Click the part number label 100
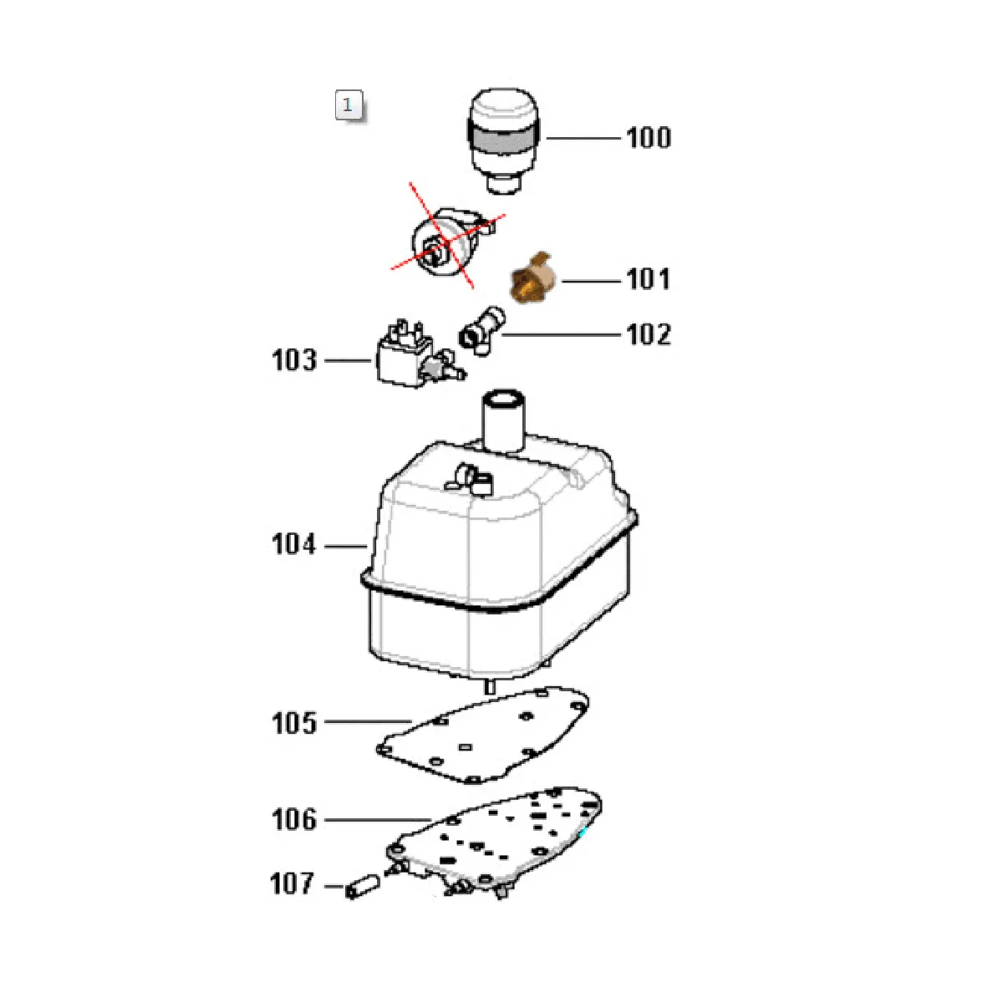pos(649,138)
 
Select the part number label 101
pos(648,279)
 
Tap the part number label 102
pos(649,334)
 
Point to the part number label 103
pos(294,359)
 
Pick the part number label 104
pos(294,544)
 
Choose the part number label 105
pos(294,723)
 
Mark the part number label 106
pos(294,820)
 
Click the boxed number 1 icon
pos(349,105)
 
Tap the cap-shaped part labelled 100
pos(504,140)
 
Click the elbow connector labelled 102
pos(482,330)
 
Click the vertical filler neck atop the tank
pos(503,421)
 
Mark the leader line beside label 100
pos(583,139)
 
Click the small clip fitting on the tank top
pos(470,478)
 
